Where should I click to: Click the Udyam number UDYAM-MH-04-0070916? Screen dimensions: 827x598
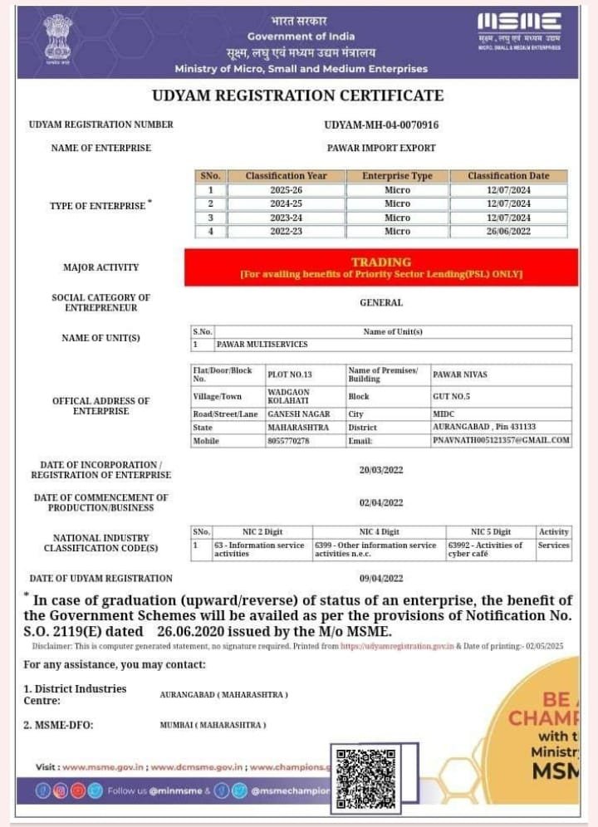381,125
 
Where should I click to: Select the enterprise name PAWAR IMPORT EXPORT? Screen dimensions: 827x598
381,148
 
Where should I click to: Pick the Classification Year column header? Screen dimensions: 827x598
286,176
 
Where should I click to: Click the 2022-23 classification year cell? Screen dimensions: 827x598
286,232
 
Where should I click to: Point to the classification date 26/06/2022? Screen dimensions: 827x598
507,232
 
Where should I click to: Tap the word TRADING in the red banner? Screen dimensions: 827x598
381,262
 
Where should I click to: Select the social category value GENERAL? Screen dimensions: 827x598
381,303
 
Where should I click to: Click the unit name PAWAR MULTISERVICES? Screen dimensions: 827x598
262,344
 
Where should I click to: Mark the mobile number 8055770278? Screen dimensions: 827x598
289,441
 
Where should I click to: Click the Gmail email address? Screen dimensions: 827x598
501,440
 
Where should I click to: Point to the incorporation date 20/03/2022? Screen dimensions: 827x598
381,470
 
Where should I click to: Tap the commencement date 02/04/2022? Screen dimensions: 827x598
381,502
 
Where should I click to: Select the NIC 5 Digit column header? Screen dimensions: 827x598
490,531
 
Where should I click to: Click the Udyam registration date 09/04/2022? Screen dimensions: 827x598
381,578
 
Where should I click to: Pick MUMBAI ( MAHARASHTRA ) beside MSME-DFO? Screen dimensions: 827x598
213,725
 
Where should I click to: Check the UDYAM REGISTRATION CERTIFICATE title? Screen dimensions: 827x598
297,95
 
